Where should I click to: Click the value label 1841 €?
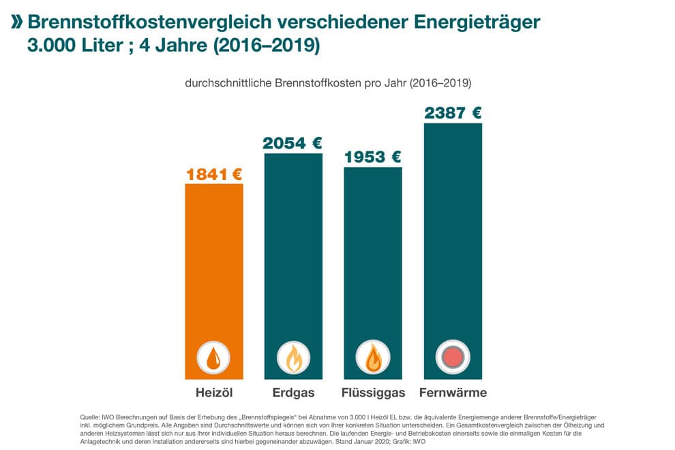tap(214, 174)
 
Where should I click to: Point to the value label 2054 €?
tap(293, 143)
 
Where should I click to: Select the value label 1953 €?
tap(373, 157)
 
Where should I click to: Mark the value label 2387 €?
tap(453, 113)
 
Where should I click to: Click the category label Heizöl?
tap(213, 393)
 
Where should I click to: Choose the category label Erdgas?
tap(293, 393)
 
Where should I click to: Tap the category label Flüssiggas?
tap(373, 393)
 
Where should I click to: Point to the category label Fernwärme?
tap(453, 393)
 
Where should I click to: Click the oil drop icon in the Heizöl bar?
tap(213, 357)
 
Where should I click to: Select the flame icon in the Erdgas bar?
tap(293, 357)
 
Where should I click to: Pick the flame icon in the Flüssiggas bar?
tap(373, 357)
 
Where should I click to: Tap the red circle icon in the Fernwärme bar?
tap(453, 357)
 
